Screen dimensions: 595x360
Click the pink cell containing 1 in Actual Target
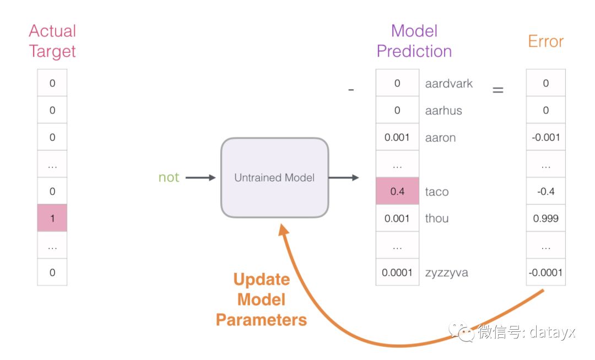pos(52,218)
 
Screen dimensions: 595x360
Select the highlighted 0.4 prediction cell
pos(397,191)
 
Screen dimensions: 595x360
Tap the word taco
pos(437,191)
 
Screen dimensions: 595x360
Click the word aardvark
pos(449,84)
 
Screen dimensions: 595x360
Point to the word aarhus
pos(443,110)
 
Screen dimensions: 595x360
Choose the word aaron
pos(440,137)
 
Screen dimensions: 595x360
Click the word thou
pos(437,218)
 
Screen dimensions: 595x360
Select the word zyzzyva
pos(447,273)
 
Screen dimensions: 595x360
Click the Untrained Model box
pos(275,178)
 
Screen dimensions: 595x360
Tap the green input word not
pos(169,178)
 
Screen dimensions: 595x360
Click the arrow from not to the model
pos(201,178)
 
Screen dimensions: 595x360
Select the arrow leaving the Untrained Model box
pos(344,178)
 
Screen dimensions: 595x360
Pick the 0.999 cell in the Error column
pos(545,218)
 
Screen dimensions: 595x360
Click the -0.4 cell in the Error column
pos(545,191)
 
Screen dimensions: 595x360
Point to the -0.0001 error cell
pos(545,272)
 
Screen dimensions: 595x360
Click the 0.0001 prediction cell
pos(397,272)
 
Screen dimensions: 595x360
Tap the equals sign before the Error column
pos(498,90)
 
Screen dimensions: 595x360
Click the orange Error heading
pos(545,41)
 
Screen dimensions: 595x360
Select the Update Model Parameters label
pos(262,299)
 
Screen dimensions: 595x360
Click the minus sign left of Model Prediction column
pos(351,90)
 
